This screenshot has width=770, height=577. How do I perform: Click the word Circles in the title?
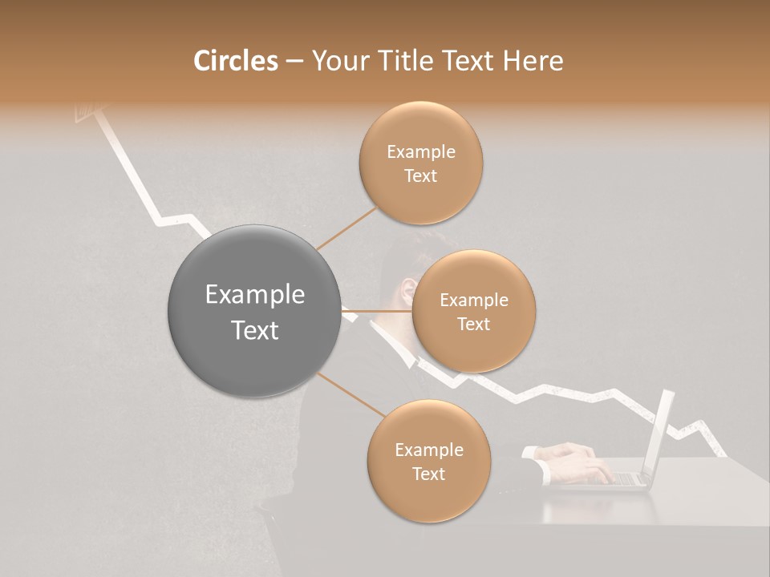tap(236, 61)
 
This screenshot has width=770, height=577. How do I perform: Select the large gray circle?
tap(254, 311)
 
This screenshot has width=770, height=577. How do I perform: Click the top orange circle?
tap(420, 163)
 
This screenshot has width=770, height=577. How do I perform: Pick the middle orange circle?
tap(473, 311)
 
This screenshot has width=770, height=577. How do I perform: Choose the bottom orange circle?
tap(428, 461)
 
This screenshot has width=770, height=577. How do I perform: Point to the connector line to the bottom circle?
tap(351, 394)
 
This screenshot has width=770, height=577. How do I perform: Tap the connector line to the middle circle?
tap(377, 310)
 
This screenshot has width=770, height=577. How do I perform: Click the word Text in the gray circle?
tap(254, 330)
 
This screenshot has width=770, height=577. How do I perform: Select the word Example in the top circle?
tap(420, 151)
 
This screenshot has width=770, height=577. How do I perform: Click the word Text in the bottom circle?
tap(428, 474)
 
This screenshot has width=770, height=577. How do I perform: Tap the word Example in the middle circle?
tap(473, 300)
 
